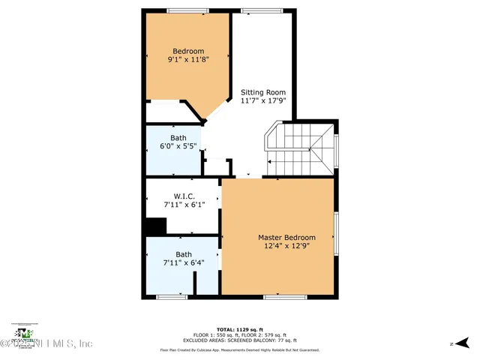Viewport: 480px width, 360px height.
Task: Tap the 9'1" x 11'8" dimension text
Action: click(x=187, y=60)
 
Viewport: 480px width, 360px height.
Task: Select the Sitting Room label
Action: click(x=262, y=92)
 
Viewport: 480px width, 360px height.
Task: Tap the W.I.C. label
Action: click(x=184, y=198)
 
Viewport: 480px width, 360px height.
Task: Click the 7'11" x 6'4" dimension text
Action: click(x=184, y=263)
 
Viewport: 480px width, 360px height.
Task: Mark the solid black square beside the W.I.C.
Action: click(x=155, y=226)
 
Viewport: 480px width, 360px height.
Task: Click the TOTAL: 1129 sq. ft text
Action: click(x=239, y=330)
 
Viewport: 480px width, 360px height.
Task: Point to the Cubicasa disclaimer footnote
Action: click(x=239, y=349)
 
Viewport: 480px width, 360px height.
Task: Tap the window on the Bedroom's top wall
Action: click(x=188, y=10)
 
